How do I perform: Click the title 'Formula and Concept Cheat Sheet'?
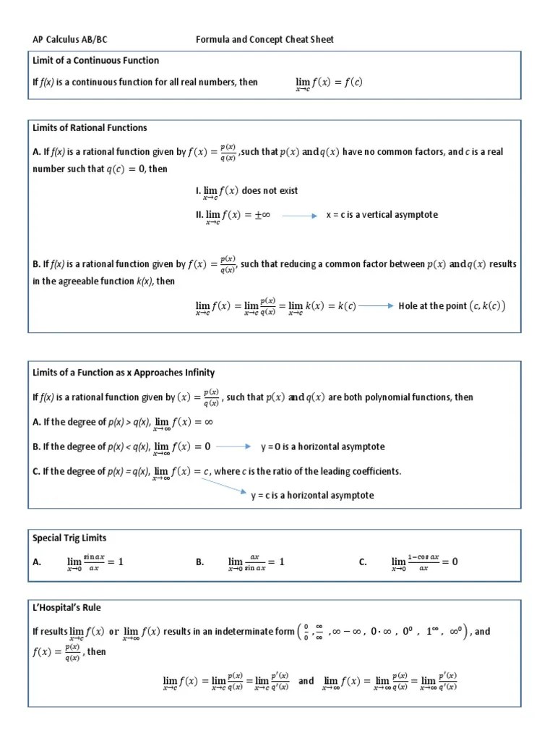click(265, 39)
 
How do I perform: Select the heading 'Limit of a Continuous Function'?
click(95, 60)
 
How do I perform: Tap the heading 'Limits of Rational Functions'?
click(90, 127)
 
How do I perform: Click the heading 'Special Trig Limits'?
click(69, 538)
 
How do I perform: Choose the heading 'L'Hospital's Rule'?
click(66, 607)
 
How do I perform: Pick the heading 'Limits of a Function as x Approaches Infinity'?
click(124, 372)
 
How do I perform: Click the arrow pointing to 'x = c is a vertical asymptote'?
click(299, 215)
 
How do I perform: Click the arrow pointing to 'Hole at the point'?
click(376, 305)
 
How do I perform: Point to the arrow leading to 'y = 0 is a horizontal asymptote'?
click(233, 446)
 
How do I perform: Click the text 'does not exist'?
click(270, 190)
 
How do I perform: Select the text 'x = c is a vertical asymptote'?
click(382, 215)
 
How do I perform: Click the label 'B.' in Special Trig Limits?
click(200, 562)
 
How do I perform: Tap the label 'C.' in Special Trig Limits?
click(363, 562)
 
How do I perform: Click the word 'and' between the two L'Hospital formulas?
click(306, 680)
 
